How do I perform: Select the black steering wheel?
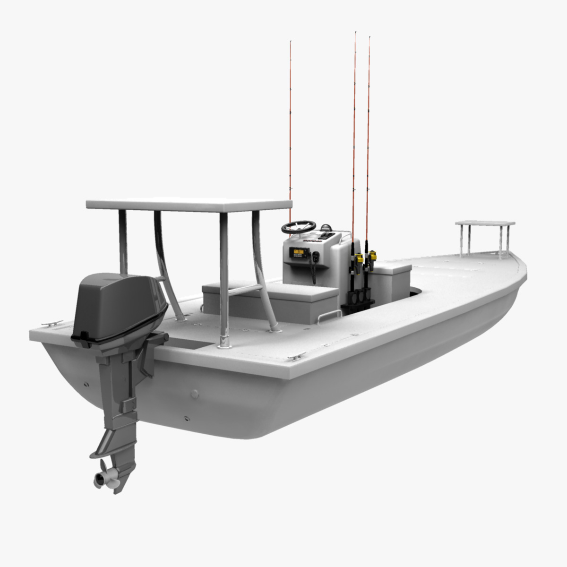pos(299,227)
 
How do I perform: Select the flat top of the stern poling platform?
pos(189,205)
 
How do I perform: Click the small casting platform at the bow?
pos(485,223)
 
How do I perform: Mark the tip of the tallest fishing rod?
pos(355,33)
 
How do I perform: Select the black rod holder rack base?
pos(358,305)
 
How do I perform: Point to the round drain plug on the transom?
pos(194,393)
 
